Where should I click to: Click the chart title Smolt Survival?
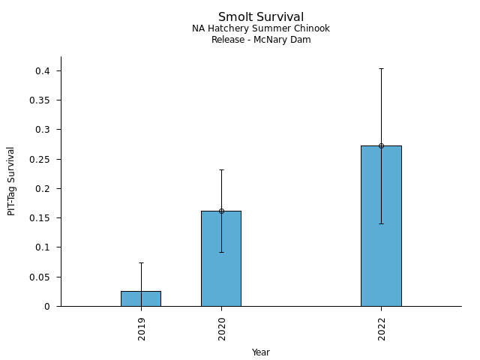(x=261, y=17)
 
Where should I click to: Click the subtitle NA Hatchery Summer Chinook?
(x=261, y=28)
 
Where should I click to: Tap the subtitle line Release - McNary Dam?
(x=261, y=40)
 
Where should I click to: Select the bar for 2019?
(x=141, y=298)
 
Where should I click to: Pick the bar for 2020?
(x=221, y=259)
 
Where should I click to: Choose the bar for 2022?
(x=381, y=226)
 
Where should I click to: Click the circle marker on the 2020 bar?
(x=221, y=211)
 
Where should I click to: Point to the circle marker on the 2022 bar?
(x=381, y=145)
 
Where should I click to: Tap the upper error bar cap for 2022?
(x=381, y=68)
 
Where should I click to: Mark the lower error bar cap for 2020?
(x=221, y=252)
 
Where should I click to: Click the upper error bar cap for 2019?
(x=141, y=262)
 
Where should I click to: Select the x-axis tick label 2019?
(x=142, y=328)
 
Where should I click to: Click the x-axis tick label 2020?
(x=222, y=328)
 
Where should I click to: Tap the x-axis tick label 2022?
(x=382, y=328)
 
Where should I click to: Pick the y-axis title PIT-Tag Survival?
(x=11, y=181)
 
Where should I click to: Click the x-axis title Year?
(x=261, y=352)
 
